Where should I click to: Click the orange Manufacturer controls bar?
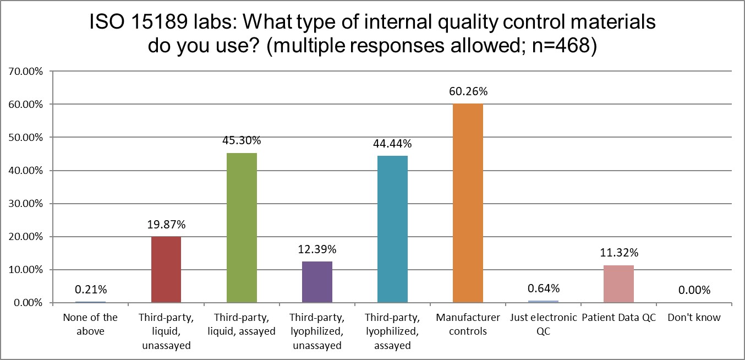click(468, 204)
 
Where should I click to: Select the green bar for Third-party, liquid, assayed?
click(242, 228)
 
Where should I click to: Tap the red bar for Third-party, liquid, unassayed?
click(166, 270)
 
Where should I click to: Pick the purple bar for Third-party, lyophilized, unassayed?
click(317, 282)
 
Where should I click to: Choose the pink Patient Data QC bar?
click(618, 284)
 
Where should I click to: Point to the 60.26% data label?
click(468, 92)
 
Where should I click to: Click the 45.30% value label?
click(242, 141)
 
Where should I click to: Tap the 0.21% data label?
click(91, 290)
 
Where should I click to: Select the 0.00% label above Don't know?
click(693, 290)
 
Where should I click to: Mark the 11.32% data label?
click(618, 253)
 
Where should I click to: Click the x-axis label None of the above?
click(91, 324)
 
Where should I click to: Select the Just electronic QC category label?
click(543, 324)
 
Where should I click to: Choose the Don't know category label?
click(693, 318)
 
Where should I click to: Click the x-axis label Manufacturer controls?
click(468, 324)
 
